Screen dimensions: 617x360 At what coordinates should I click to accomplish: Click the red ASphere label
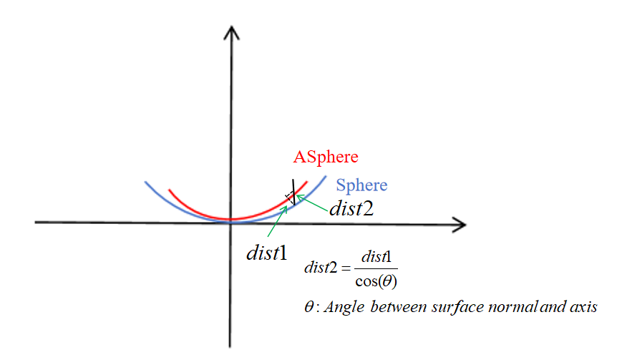tap(326, 156)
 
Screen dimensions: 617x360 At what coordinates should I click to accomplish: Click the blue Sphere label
tap(361, 185)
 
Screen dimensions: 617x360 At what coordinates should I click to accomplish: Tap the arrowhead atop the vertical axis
tap(230, 31)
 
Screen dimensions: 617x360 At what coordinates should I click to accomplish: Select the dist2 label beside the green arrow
tap(351, 208)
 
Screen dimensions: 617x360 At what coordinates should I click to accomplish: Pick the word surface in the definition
tap(454, 307)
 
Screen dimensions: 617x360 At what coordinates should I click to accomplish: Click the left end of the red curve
tap(170, 190)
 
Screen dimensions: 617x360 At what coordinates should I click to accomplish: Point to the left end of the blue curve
tap(145, 183)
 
